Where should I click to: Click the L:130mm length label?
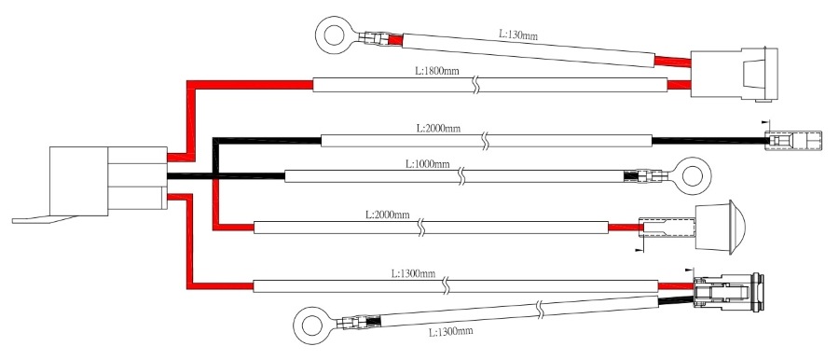pyautogui.click(x=518, y=35)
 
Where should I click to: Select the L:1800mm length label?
pyautogui.click(x=437, y=71)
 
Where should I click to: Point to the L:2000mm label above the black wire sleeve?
pyautogui.click(x=438, y=129)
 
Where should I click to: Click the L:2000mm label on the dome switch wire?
pyautogui.click(x=388, y=215)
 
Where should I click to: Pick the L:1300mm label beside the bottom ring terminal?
pyautogui.click(x=451, y=332)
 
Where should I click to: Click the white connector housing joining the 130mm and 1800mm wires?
pyautogui.click(x=735, y=74)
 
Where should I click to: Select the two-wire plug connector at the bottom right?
pyautogui.click(x=729, y=292)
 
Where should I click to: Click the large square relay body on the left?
pyautogui.click(x=78, y=181)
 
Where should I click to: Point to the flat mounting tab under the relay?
pyautogui.click(x=45, y=219)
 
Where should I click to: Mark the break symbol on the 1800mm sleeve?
pyautogui.click(x=475, y=85)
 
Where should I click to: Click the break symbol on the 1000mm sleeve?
pyautogui.click(x=462, y=176)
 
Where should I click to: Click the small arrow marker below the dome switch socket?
pyautogui.click(x=638, y=250)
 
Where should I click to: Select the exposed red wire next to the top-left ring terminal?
pyautogui.click(x=394, y=40)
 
